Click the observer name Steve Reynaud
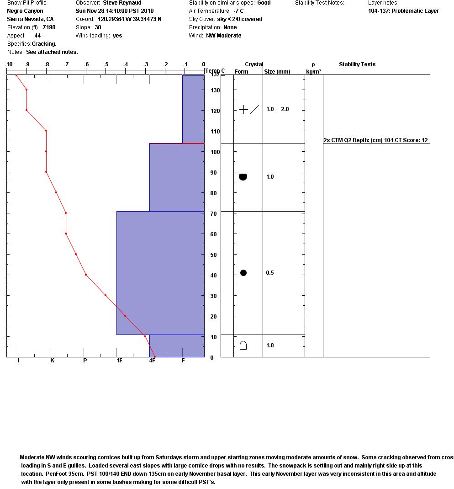click(122, 3)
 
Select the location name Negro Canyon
click(25, 11)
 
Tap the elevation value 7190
click(49, 27)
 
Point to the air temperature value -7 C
click(238, 11)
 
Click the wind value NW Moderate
click(223, 36)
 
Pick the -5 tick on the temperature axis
click(106, 64)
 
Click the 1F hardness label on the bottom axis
click(119, 361)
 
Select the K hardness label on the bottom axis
click(52, 361)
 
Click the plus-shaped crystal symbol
click(244, 109)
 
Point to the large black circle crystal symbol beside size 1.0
click(243, 176)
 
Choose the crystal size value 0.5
click(270, 273)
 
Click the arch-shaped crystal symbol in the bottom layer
click(243, 345)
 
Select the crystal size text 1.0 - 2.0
click(277, 109)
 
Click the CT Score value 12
click(425, 140)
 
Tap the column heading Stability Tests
click(357, 64)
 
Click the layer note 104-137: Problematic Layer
click(403, 11)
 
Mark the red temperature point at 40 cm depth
click(86, 275)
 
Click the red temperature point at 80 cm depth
click(56, 192)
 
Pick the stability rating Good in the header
click(264, 3)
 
